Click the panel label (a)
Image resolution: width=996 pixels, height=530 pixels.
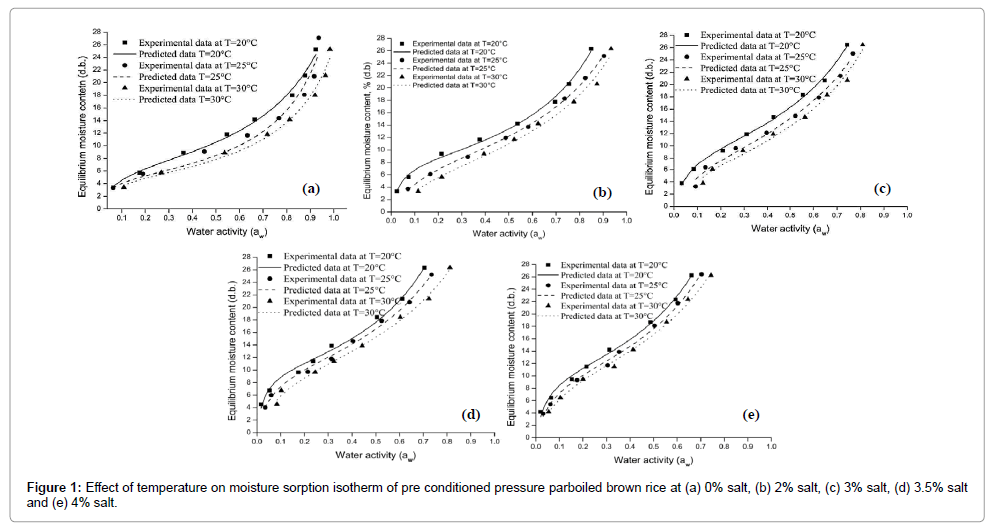(x=311, y=188)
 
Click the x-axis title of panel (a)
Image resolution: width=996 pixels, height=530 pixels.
(x=226, y=231)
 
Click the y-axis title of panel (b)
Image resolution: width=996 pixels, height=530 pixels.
(x=355, y=120)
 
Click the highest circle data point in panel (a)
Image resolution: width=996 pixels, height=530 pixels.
(x=319, y=38)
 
